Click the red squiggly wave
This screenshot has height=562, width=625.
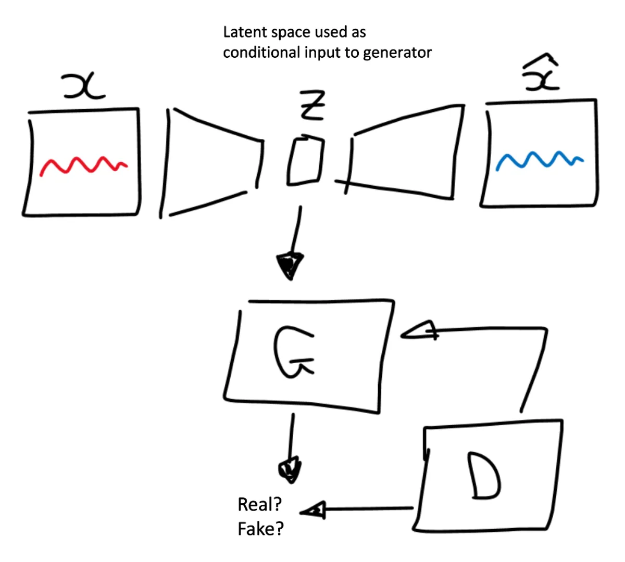point(83,165)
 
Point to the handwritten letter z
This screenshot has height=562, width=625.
point(311,106)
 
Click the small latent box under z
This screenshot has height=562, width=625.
point(305,161)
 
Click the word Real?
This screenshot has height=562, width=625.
point(259,504)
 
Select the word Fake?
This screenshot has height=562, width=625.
point(260,529)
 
